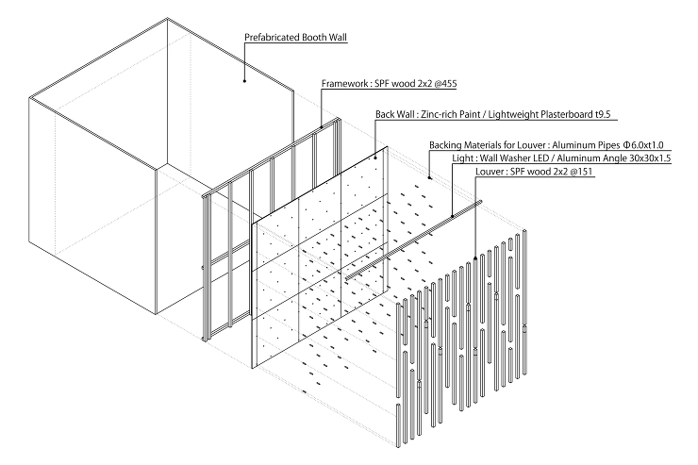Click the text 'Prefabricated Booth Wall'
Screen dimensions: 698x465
pos(295,38)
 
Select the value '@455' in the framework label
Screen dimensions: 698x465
pos(445,84)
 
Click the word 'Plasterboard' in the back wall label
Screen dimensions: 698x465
pos(567,114)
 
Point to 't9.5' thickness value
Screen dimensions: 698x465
pos(603,114)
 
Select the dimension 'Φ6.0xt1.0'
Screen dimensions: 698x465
pos(643,145)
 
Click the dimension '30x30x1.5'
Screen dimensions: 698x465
pos(651,158)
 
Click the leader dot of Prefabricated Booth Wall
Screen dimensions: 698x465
pos(244,81)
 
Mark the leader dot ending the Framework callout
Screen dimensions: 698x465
pos(322,126)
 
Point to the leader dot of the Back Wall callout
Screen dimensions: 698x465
pos(375,158)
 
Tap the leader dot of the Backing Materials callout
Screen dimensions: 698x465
pos(429,178)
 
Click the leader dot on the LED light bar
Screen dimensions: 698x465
pos(452,217)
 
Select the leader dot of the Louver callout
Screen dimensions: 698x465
pos(475,257)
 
